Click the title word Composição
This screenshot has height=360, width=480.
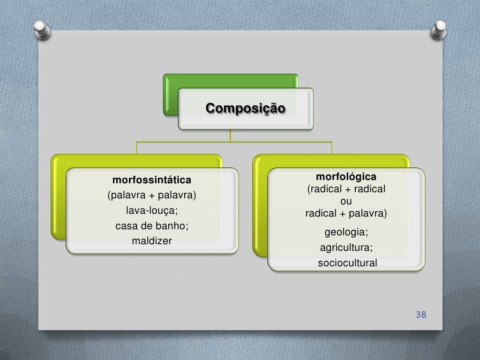pyautogui.click(x=245, y=108)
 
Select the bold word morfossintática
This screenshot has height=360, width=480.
pyautogui.click(x=151, y=180)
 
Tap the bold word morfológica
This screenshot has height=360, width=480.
pyautogui.click(x=346, y=177)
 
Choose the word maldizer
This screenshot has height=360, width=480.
pyautogui.click(x=152, y=241)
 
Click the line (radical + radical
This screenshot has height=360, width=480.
pyautogui.click(x=346, y=189)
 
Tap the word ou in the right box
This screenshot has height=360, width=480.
pyautogui.click(x=346, y=202)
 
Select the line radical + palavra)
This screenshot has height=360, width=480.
pyautogui.click(x=346, y=214)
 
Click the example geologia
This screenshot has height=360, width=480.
pyautogui.click(x=346, y=232)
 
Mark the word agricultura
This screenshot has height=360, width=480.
pyautogui.click(x=346, y=247)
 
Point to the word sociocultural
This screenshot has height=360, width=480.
pyautogui.click(x=347, y=263)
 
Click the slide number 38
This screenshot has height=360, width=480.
pyautogui.click(x=421, y=315)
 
